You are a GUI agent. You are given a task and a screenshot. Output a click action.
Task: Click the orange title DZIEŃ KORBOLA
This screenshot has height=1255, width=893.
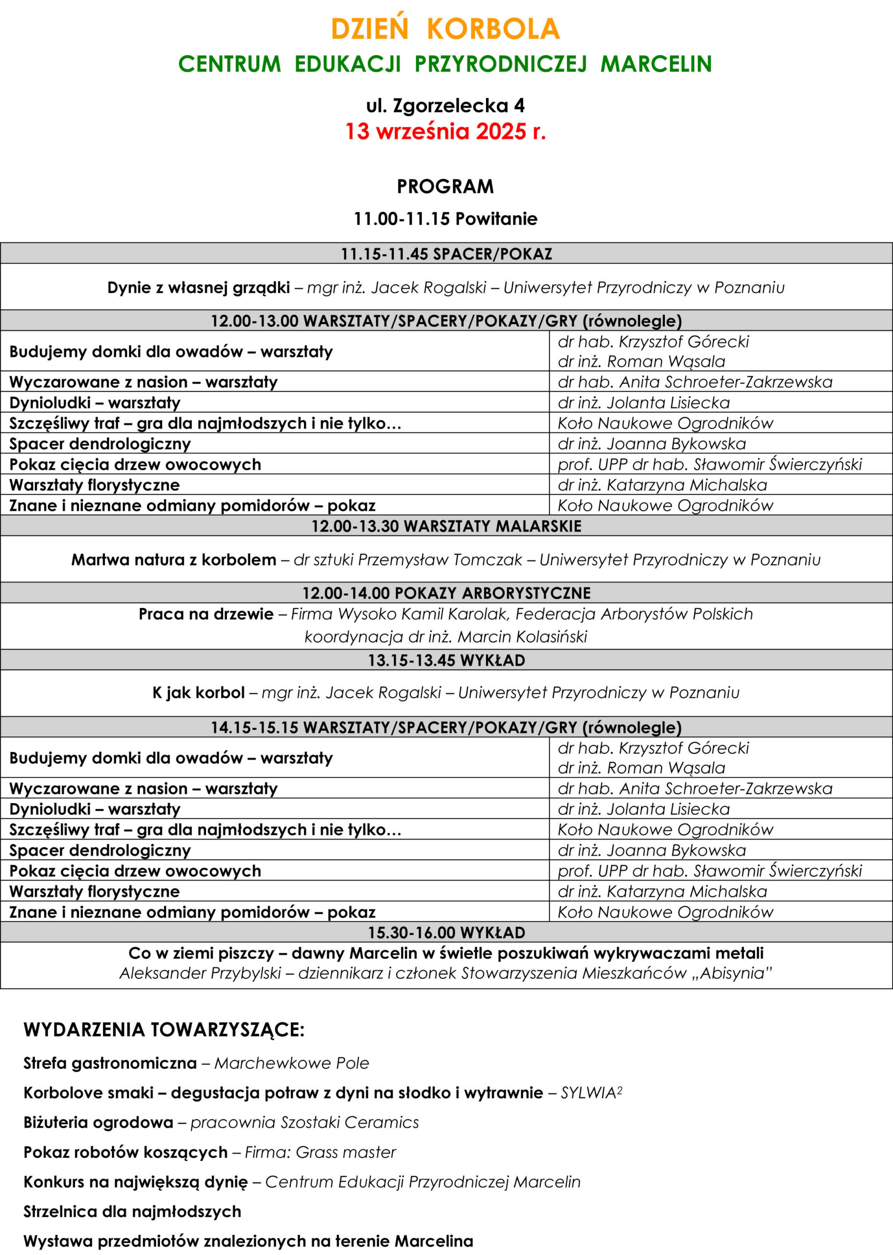[445, 29]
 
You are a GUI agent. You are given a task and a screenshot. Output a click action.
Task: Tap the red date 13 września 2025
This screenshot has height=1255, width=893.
[445, 132]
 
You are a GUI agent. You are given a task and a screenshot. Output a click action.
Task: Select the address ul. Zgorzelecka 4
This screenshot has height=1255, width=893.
[445, 105]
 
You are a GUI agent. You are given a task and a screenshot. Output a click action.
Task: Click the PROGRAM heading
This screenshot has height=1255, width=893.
[445, 187]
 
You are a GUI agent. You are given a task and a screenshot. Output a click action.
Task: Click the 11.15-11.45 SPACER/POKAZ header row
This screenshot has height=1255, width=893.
[446, 254]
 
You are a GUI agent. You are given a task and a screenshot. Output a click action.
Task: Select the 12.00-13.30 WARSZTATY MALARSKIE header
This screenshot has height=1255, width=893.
[446, 526]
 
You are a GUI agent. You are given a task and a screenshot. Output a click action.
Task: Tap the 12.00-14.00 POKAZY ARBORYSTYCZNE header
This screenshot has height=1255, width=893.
[446, 593]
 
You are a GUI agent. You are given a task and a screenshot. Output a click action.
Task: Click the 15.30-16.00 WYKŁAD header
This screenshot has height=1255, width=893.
[446, 933]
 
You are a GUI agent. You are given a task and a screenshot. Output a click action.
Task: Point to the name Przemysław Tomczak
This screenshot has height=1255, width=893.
[440, 560]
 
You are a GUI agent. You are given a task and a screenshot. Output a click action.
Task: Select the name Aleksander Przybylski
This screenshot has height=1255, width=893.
[200, 974]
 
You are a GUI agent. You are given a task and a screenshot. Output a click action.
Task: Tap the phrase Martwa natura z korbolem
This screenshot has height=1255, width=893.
[174, 560]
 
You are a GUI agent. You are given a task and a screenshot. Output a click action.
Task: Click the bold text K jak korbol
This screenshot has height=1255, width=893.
[199, 693]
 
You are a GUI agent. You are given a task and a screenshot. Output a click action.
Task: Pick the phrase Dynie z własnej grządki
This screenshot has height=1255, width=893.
[199, 287]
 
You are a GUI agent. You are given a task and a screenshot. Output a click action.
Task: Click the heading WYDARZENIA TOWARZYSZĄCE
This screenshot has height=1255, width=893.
[164, 1029]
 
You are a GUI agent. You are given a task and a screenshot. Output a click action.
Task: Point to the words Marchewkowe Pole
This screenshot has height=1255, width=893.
[291, 1063]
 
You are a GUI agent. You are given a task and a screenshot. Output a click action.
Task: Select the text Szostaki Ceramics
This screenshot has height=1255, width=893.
[350, 1122]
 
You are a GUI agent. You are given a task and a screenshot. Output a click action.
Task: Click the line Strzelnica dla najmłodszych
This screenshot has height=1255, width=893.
[132, 1211]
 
